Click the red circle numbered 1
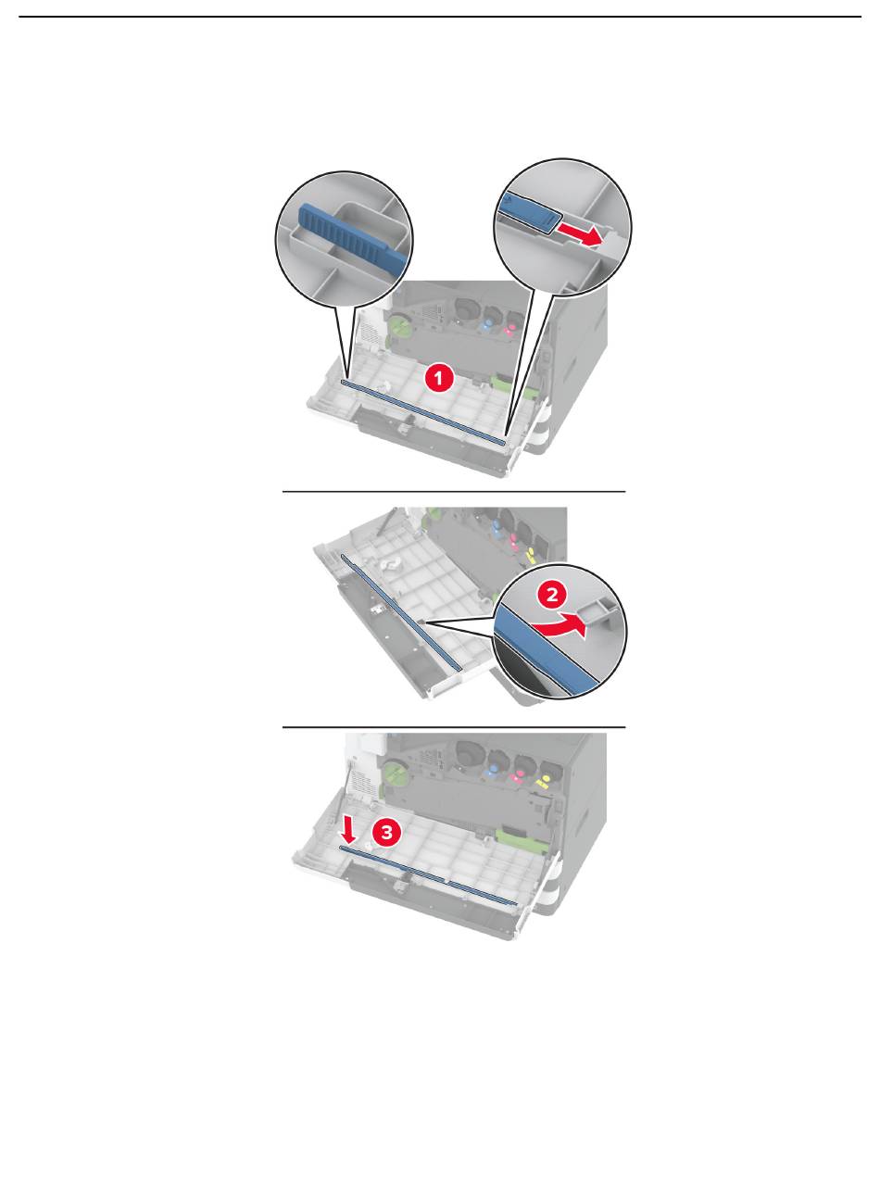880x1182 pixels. [x=438, y=379]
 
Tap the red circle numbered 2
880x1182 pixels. [x=552, y=594]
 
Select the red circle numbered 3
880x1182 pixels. [x=387, y=831]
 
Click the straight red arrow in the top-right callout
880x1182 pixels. [x=580, y=234]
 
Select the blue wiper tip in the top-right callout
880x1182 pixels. [x=528, y=211]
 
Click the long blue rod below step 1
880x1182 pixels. [x=422, y=411]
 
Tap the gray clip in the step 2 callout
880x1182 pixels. [x=598, y=607]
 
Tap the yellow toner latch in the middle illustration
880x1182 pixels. [x=531, y=556]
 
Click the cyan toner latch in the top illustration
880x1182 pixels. [x=486, y=324]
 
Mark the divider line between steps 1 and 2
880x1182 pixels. [x=454, y=491]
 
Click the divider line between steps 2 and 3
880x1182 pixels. [x=454, y=727]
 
